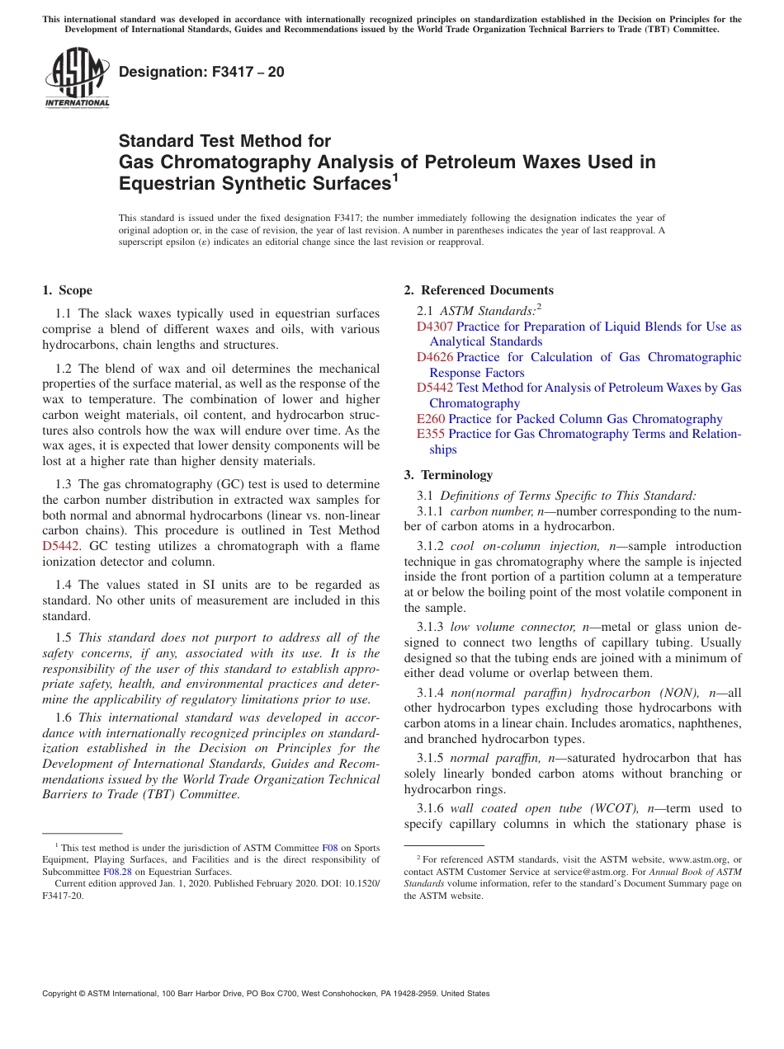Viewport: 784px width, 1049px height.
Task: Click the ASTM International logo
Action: [x=77, y=78]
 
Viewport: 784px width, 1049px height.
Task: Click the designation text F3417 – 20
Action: [x=201, y=72]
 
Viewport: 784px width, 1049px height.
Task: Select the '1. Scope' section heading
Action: [x=68, y=290]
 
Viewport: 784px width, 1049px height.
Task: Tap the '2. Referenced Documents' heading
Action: [x=479, y=290]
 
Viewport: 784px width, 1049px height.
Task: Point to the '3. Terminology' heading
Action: [x=448, y=475]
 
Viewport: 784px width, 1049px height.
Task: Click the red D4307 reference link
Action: [x=435, y=327]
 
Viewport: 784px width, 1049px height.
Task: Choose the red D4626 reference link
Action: [x=435, y=357]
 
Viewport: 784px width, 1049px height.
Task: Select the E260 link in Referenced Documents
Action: [x=431, y=419]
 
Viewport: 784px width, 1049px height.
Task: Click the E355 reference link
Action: [x=431, y=434]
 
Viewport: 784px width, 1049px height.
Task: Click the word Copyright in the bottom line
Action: [x=62, y=994]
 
